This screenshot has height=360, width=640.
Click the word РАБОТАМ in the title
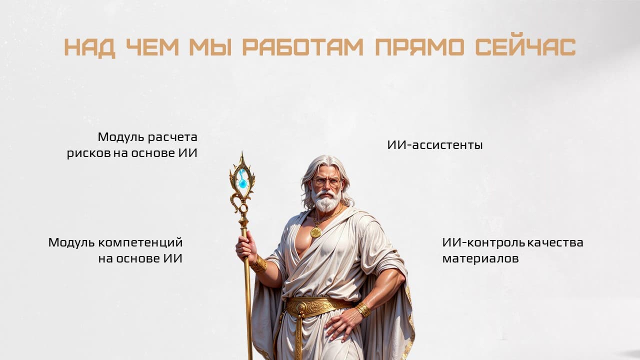(303, 46)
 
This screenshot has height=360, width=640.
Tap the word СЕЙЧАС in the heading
(525, 46)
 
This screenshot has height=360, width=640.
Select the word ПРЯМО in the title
(419, 46)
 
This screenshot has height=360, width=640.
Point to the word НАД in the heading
(89, 48)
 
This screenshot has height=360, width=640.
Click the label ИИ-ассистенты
(435, 145)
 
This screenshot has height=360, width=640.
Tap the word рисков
(89, 153)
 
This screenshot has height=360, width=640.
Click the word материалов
(480, 259)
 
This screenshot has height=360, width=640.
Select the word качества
(555, 243)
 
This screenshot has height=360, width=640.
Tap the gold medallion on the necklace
(315, 232)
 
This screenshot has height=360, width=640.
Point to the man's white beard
(326, 199)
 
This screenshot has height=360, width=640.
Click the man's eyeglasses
(326, 182)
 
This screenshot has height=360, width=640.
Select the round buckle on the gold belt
(301, 307)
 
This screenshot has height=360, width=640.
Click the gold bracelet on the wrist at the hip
(363, 309)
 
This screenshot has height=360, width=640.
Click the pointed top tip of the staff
(242, 151)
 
